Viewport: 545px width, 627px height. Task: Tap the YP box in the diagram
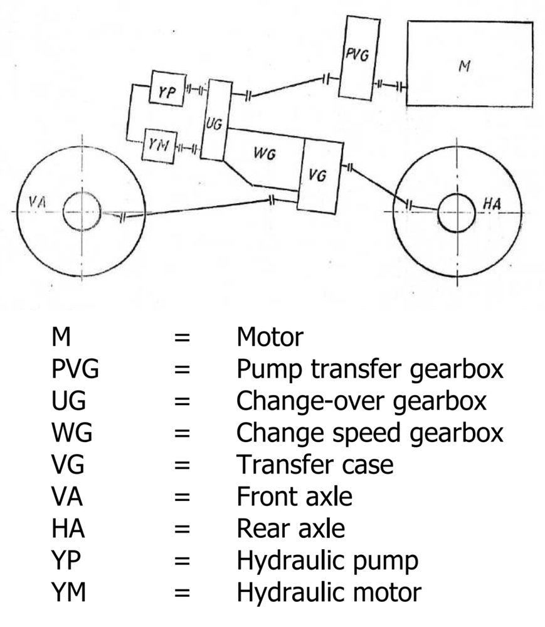click(x=166, y=91)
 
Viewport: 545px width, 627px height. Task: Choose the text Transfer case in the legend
click(x=315, y=465)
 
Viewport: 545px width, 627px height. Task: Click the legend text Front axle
click(x=294, y=497)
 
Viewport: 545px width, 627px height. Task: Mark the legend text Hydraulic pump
click(x=327, y=561)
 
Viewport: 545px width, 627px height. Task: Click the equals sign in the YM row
click(x=182, y=593)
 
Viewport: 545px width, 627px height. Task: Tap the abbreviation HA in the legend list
click(x=68, y=529)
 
